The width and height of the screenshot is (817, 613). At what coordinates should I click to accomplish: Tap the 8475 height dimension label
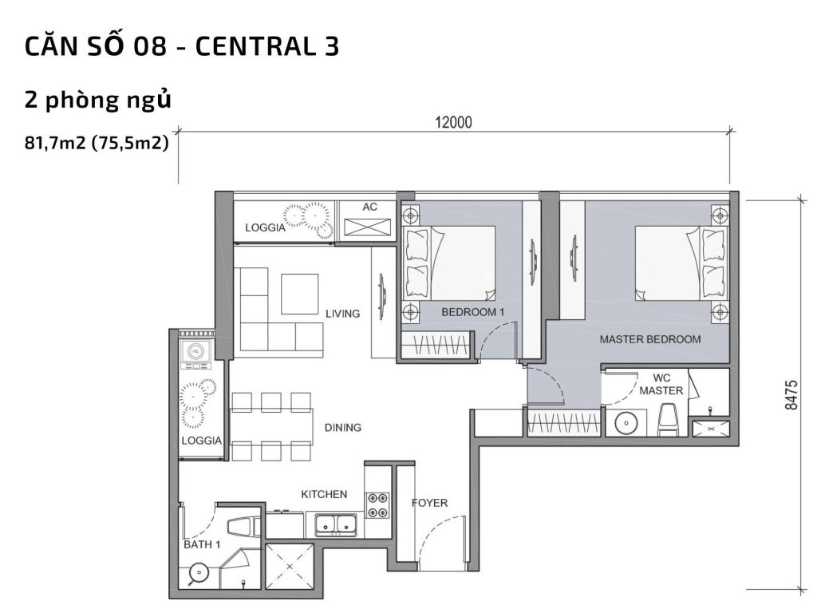[790, 394]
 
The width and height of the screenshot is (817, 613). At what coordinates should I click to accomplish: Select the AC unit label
[369, 207]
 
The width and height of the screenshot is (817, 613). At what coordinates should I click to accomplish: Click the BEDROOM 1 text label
[472, 312]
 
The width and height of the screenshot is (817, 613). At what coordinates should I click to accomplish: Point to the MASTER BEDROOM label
[650, 339]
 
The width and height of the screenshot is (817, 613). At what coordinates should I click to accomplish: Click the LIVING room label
[342, 314]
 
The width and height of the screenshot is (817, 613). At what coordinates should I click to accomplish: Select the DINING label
[342, 428]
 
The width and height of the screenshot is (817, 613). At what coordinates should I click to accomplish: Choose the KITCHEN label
[323, 495]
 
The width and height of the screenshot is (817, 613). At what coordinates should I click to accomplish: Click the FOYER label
[429, 503]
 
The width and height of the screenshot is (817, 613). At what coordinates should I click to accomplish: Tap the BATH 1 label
[202, 544]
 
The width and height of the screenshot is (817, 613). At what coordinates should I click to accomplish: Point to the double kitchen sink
[335, 525]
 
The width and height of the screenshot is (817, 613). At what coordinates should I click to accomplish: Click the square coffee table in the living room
[299, 294]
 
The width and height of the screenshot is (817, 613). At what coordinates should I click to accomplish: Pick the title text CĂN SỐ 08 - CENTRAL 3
[183, 47]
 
